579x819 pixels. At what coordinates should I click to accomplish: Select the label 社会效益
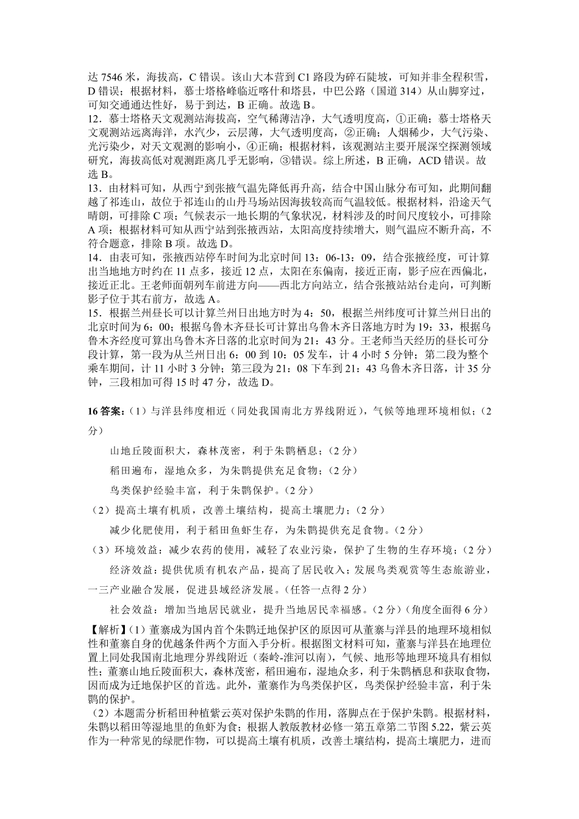click(x=130, y=609)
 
